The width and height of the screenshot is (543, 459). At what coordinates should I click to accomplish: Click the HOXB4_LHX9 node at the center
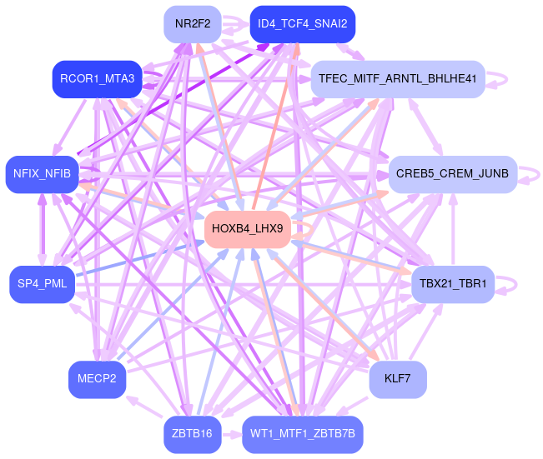(247, 228)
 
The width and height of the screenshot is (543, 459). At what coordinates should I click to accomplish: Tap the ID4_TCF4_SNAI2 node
(302, 23)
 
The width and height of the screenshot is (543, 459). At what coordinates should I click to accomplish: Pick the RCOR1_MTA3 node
(97, 79)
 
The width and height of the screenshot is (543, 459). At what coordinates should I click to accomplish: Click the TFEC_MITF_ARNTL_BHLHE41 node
(397, 79)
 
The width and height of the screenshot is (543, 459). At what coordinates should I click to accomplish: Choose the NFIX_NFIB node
(42, 174)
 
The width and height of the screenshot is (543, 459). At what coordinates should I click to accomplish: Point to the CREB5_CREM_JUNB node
(452, 174)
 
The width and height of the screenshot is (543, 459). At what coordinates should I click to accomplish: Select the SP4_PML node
(42, 285)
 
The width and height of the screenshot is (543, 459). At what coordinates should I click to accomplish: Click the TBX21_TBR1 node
(453, 285)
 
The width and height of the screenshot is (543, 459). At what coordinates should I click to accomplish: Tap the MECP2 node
(97, 379)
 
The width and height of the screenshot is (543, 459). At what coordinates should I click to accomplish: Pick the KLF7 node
(397, 379)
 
